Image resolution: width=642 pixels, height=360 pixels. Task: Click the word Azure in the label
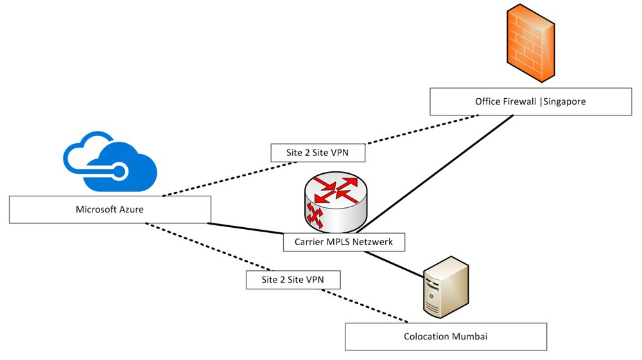click(131, 210)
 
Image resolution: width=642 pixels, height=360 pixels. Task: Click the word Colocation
click(426, 336)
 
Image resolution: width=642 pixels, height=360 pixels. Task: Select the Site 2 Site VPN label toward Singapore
click(317, 153)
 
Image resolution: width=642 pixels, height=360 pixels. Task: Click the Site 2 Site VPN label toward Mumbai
click(293, 280)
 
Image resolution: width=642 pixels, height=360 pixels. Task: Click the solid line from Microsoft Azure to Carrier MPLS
click(247, 228)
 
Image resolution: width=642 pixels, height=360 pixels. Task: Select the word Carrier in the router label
click(310, 242)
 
